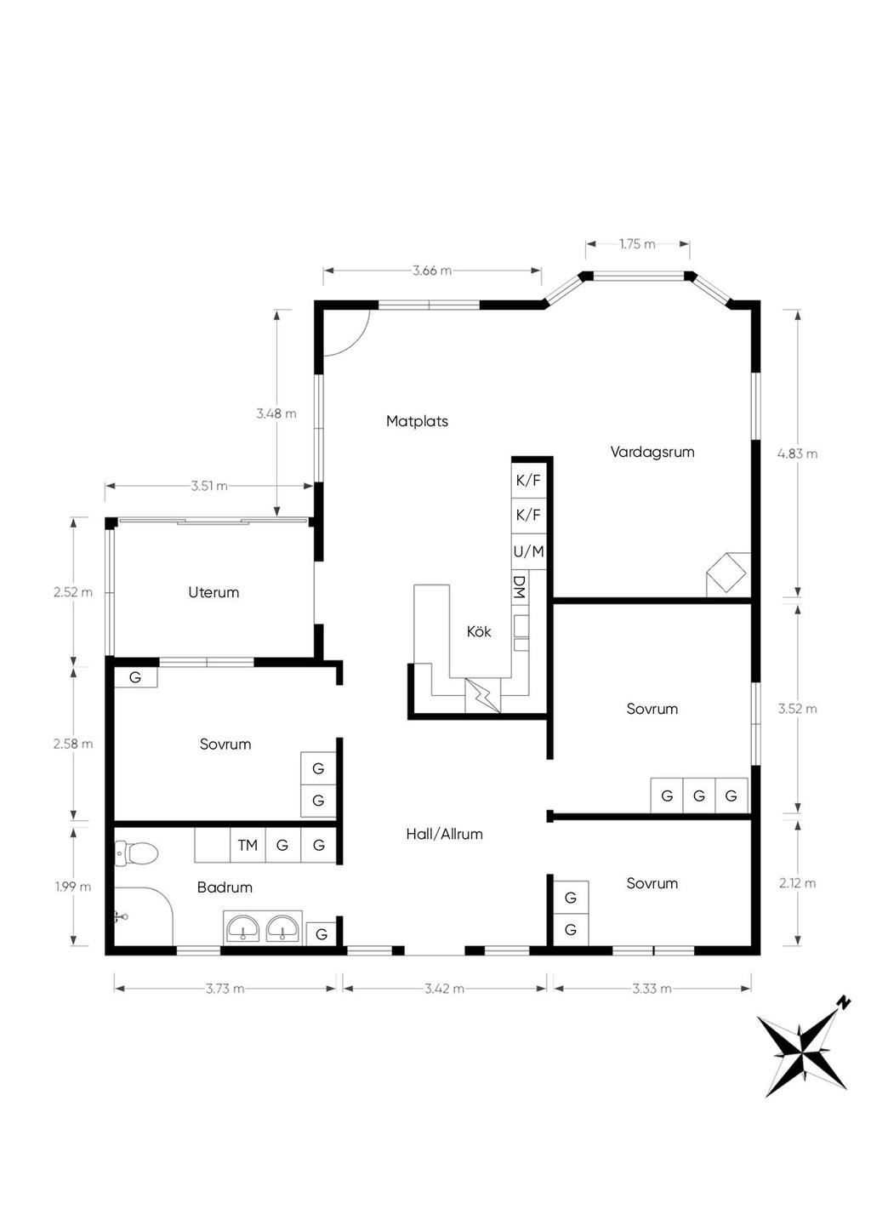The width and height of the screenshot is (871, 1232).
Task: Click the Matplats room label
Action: [417, 421]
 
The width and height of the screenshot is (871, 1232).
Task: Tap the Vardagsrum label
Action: [652, 452]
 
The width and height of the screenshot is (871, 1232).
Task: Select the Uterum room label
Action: [213, 592]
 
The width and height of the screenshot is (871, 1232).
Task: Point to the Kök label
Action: [478, 631]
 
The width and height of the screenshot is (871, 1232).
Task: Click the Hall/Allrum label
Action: [444, 834]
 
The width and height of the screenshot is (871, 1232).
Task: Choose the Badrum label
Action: [225, 887]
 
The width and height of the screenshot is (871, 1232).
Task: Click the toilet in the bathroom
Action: [136, 853]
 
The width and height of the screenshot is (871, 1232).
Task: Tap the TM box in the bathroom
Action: [248, 845]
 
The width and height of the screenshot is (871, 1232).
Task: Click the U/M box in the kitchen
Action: [528, 551]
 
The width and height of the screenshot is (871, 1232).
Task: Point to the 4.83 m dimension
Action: [797, 453]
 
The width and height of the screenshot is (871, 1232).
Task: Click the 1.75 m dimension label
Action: [637, 244]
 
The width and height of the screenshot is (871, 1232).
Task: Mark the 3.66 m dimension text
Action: [432, 271]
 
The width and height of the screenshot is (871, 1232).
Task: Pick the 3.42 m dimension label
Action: [444, 989]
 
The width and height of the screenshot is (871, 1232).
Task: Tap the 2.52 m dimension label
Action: [73, 592]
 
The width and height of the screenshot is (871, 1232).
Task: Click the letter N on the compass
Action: [843, 1002]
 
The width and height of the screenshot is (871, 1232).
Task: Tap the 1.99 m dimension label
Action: [73, 887]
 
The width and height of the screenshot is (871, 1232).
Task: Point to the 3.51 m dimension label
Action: [209, 486]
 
